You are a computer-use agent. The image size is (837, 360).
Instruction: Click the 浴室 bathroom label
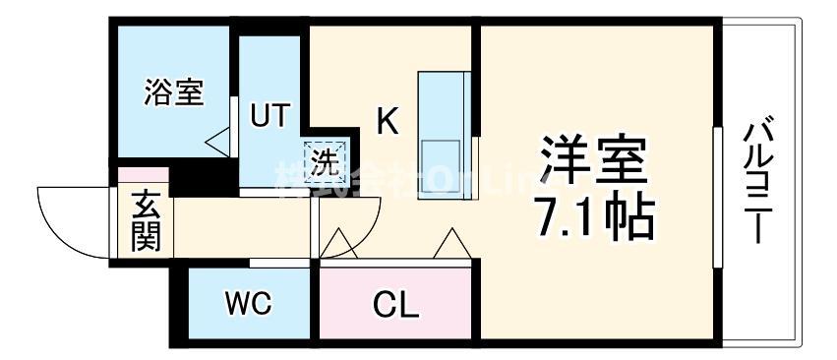pos(173,94)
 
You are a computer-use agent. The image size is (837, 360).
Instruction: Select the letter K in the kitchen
pos(389,122)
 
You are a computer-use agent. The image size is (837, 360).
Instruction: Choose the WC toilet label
pos(250,304)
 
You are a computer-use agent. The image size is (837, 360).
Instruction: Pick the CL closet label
pos(396,305)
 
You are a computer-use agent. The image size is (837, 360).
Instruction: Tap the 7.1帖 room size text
pos(595,217)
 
